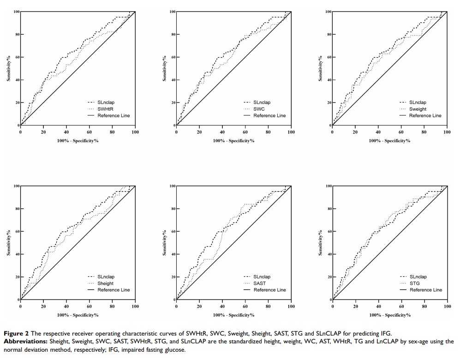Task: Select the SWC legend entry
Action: click(259, 109)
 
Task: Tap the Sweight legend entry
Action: click(418, 109)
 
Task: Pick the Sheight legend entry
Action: click(106, 283)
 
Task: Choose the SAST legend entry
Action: click(260, 283)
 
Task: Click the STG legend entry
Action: click(414, 283)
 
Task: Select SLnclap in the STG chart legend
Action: click(418, 277)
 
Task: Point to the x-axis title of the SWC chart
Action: click(233, 140)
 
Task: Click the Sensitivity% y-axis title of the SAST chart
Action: click(165, 243)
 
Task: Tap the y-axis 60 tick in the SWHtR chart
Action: click(15, 57)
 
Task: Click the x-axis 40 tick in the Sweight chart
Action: click(378, 132)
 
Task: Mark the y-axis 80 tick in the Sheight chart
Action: click(15, 209)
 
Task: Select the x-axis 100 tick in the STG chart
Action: click(447, 306)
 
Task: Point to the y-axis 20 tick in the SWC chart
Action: click(171, 102)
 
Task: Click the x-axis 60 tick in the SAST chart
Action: click(245, 306)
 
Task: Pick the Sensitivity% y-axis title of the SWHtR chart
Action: click(9, 68)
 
